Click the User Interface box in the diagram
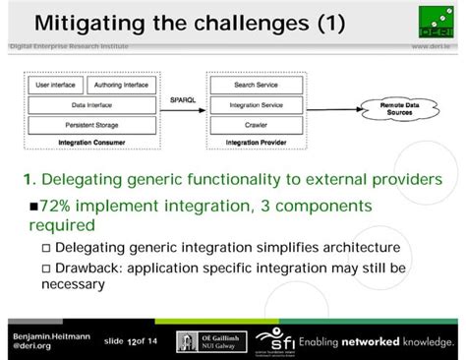pyautogui.click(x=56, y=86)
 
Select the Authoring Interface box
pyautogui.click(x=123, y=86)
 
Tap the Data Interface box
pyautogui.click(x=90, y=104)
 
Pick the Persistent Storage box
pyautogui.click(x=90, y=125)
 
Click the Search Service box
pyautogui.click(x=256, y=86)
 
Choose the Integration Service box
pyautogui.click(x=256, y=104)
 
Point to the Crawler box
pyautogui.click(x=256, y=125)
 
